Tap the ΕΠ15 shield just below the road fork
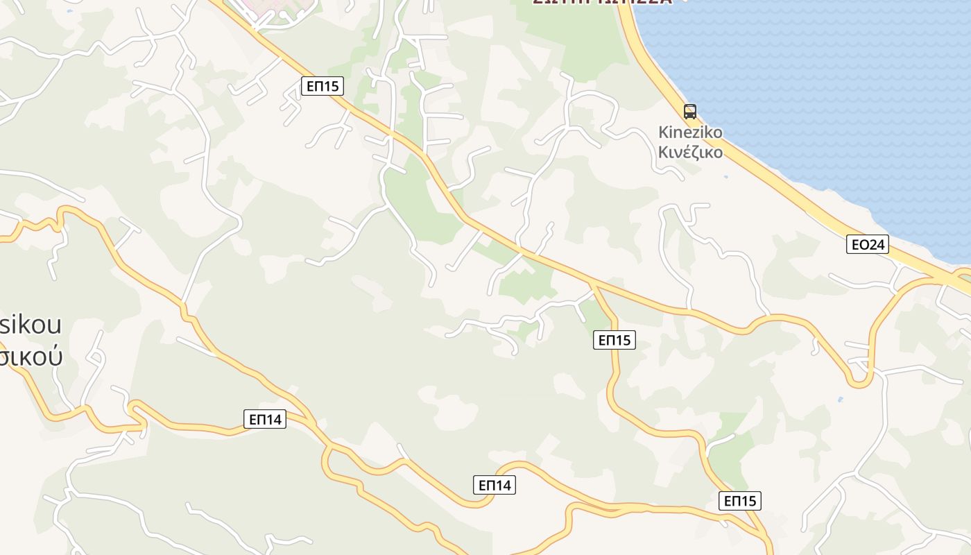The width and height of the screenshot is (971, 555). click(x=615, y=340)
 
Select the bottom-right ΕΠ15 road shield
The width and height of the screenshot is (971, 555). click(x=740, y=501)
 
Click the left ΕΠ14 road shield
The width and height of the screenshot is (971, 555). click(x=265, y=419)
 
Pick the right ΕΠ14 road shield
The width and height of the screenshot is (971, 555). click(x=495, y=485)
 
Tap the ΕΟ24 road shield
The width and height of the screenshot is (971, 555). click(x=868, y=244)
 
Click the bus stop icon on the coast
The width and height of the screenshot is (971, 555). click(x=689, y=111)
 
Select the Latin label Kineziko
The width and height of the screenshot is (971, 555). click(x=690, y=133)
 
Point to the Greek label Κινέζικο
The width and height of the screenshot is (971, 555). click(x=690, y=152)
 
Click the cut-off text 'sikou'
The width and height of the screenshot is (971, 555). click(x=31, y=324)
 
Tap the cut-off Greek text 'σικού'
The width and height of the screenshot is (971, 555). click(x=31, y=355)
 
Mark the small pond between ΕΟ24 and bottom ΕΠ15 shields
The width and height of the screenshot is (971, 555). click(x=841, y=400)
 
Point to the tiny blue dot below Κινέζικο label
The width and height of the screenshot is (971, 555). click(x=725, y=178)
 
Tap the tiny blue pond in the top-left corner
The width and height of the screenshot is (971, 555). click(x=69, y=12)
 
